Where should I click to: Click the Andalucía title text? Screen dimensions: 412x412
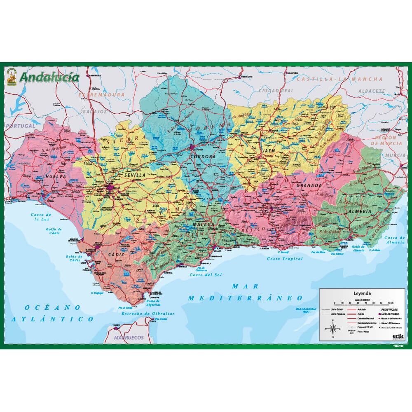coord(49,77)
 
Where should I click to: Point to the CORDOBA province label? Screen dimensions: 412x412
coord(204,157)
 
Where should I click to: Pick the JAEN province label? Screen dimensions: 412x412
coord(268,151)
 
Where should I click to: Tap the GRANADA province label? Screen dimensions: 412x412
coord(308,185)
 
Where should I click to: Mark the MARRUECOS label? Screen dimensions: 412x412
coord(129,337)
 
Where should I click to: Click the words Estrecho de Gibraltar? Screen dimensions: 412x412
coord(148,314)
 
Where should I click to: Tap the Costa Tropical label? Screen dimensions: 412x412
coord(284,259)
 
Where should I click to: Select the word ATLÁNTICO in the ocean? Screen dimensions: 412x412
coord(53,319)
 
